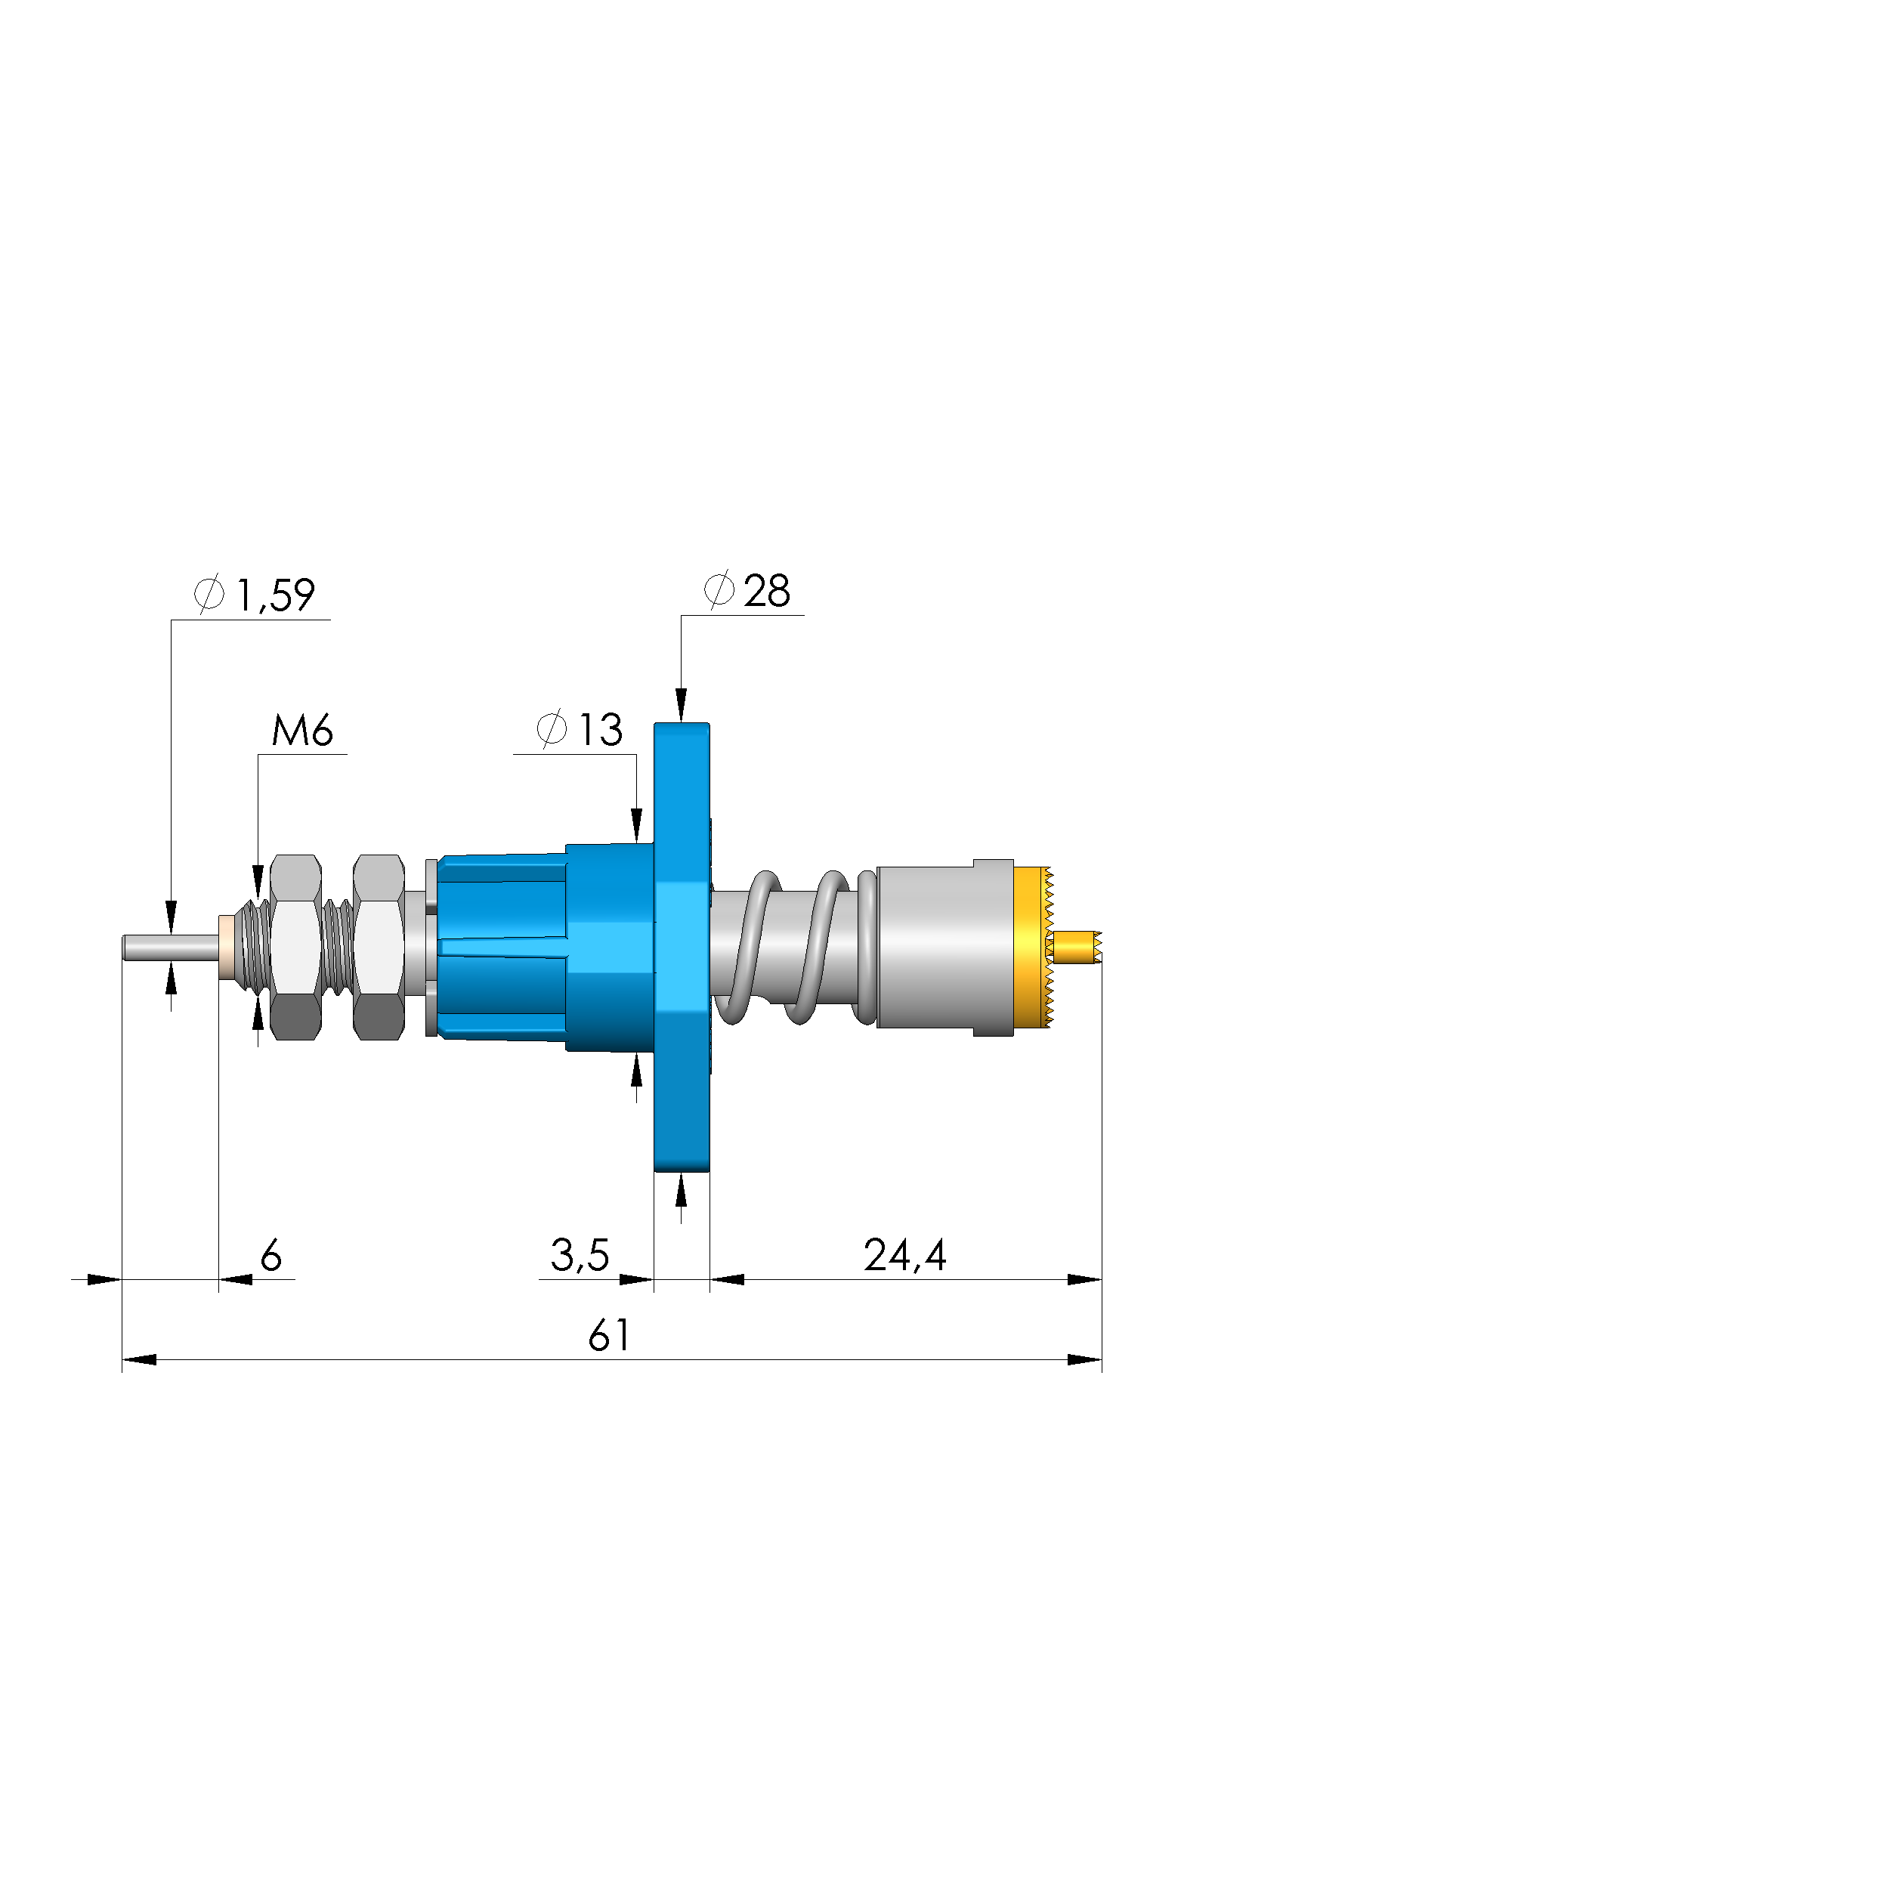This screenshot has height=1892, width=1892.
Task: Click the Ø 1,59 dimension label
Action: [x=255, y=595]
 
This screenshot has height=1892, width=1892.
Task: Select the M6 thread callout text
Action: [x=301, y=731]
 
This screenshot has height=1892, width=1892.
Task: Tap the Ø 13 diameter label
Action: [x=580, y=730]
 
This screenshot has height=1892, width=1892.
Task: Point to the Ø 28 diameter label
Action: [x=747, y=591]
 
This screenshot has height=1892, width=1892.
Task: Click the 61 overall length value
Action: [x=609, y=1336]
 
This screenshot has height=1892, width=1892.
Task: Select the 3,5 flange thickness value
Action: [x=580, y=1254]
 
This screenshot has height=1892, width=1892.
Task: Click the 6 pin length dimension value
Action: [x=271, y=1254]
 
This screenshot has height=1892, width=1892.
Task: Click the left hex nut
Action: [x=295, y=947]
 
